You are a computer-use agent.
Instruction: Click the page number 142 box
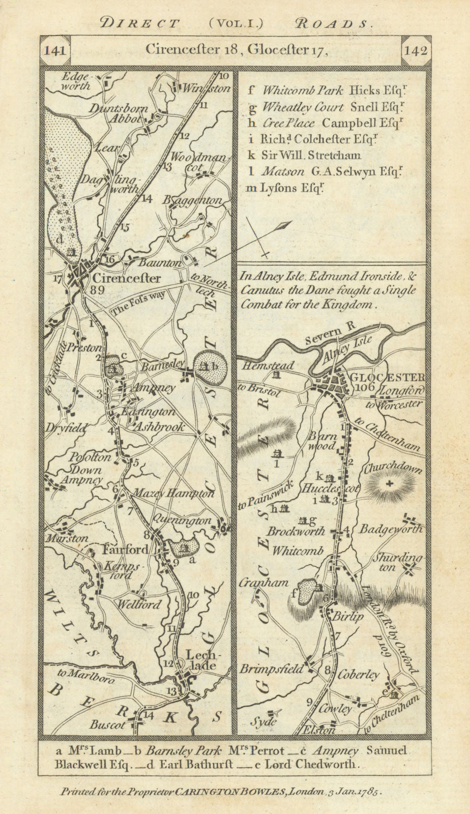tap(415, 51)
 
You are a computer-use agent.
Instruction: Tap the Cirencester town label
tap(126, 278)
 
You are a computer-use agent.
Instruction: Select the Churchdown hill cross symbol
tap(390, 484)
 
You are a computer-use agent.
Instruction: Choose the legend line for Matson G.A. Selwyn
tap(329, 172)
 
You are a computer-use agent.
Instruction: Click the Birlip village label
tap(349, 617)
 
